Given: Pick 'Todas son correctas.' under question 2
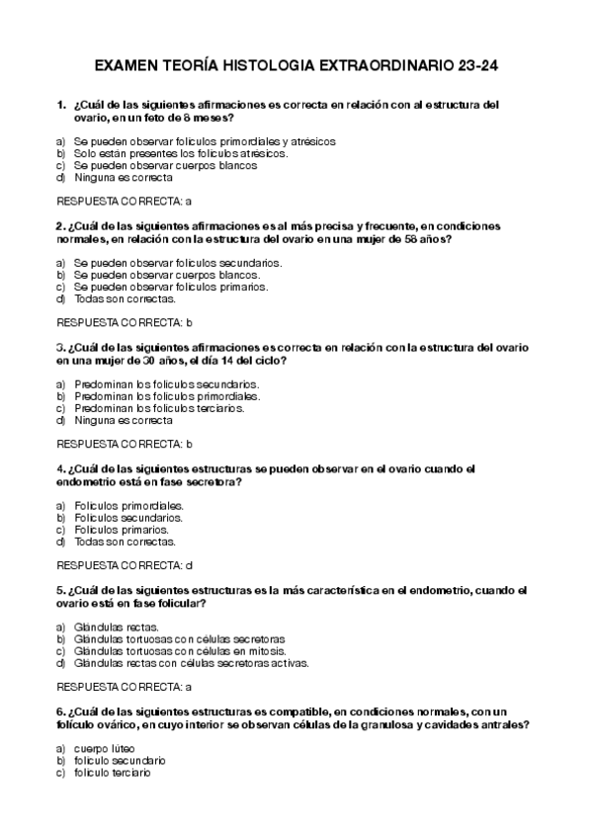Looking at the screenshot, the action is (x=125, y=297).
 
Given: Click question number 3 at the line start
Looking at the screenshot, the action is (x=60, y=347).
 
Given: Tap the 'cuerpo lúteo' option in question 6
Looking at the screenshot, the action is (x=104, y=748).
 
